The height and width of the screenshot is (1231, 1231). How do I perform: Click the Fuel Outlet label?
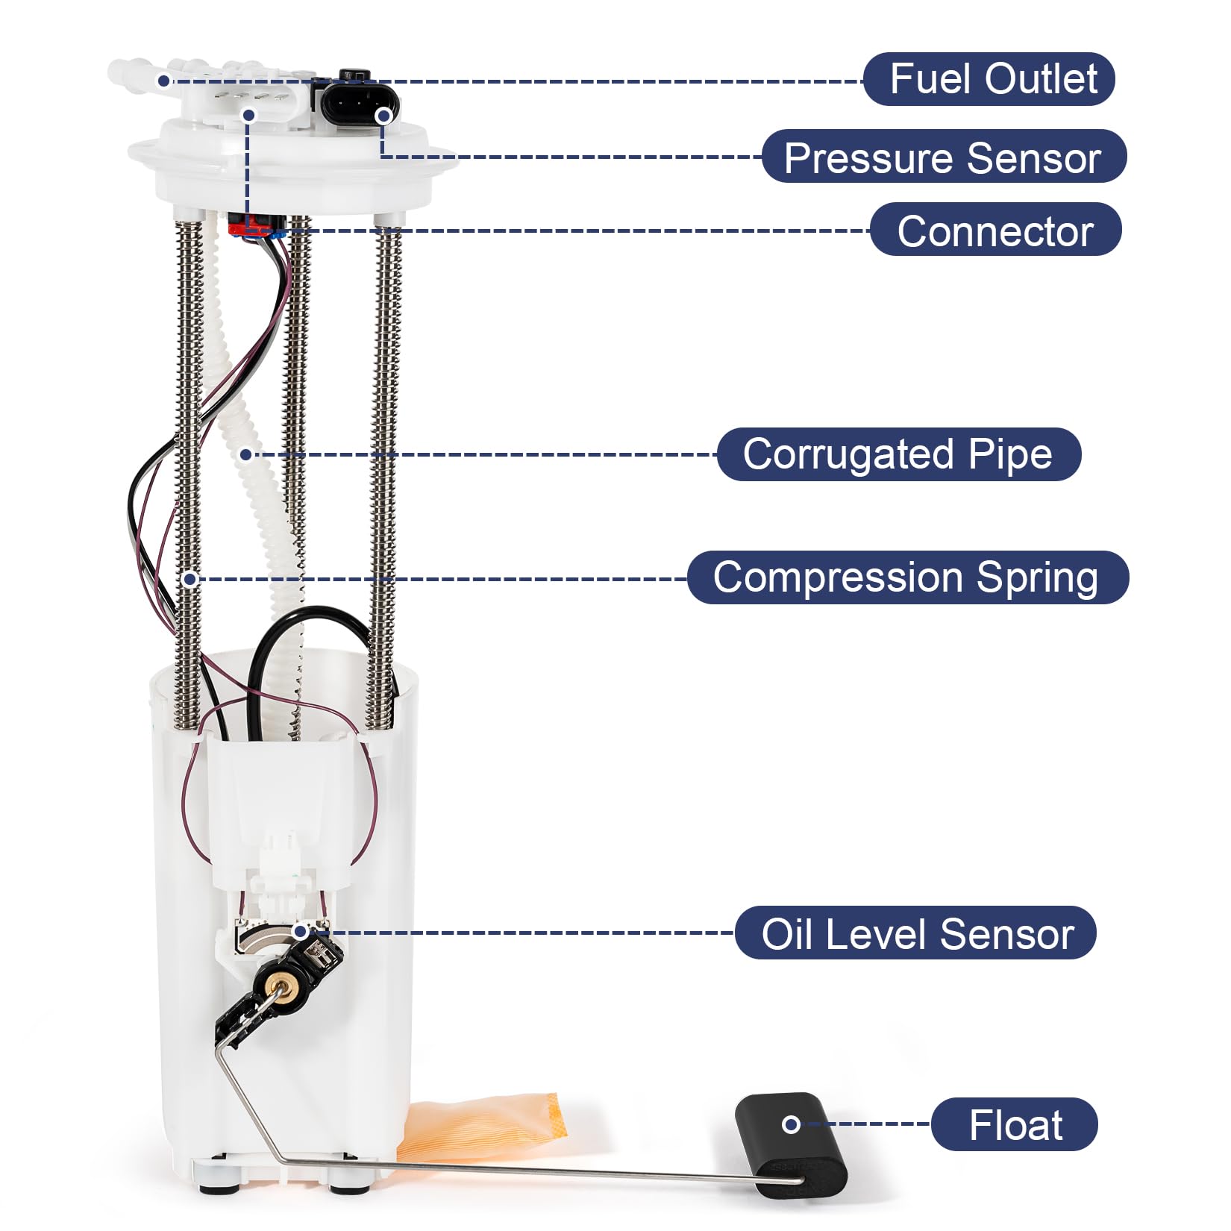pyautogui.click(x=989, y=79)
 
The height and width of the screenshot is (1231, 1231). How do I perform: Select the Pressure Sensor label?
pyautogui.click(x=943, y=157)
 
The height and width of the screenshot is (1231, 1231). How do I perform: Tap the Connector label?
pyautogui.click(x=995, y=230)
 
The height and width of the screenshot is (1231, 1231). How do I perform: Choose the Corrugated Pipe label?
pyautogui.click(x=898, y=454)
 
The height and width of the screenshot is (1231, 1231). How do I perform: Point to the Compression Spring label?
pyautogui.click(x=907, y=577)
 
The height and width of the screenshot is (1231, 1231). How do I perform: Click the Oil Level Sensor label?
pyautogui.click(x=915, y=933)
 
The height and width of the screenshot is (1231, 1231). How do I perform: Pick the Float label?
pyautogui.click(x=1014, y=1124)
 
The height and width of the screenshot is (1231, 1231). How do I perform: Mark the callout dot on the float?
pyautogui.click(x=791, y=1124)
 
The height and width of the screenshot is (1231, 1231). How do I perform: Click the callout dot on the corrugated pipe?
pyautogui.click(x=245, y=454)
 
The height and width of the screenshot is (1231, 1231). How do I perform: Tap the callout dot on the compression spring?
pyautogui.click(x=190, y=579)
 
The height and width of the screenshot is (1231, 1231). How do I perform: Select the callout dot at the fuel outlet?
pyautogui.click(x=163, y=80)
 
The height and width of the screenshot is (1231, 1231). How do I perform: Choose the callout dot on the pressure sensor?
pyautogui.click(x=383, y=116)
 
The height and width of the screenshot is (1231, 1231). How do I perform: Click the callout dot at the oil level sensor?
pyautogui.click(x=299, y=931)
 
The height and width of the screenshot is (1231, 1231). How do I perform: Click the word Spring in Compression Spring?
pyautogui.click(x=1037, y=577)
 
